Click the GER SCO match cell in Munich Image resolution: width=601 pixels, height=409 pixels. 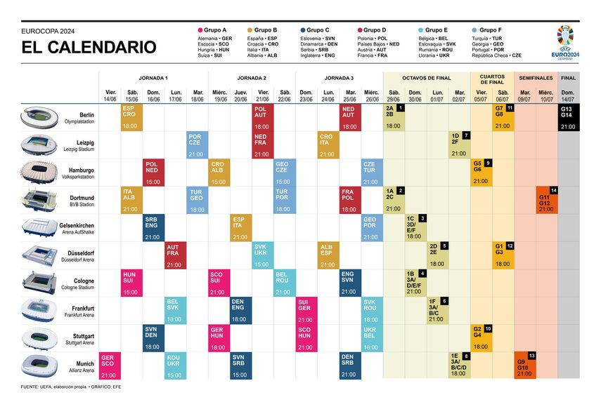(109, 365)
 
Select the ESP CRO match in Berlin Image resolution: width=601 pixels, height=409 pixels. (131, 117)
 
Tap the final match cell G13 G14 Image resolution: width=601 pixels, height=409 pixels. (568, 117)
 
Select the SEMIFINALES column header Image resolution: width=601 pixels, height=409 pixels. (535, 78)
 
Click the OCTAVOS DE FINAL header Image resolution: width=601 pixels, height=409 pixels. (426, 78)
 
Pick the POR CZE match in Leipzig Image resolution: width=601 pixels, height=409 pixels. (196, 145)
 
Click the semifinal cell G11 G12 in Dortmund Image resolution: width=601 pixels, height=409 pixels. (546, 200)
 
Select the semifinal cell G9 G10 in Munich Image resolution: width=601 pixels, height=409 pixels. (524, 365)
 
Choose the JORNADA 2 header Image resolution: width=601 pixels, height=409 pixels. (252, 78)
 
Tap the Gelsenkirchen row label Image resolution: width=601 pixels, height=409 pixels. (77, 227)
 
